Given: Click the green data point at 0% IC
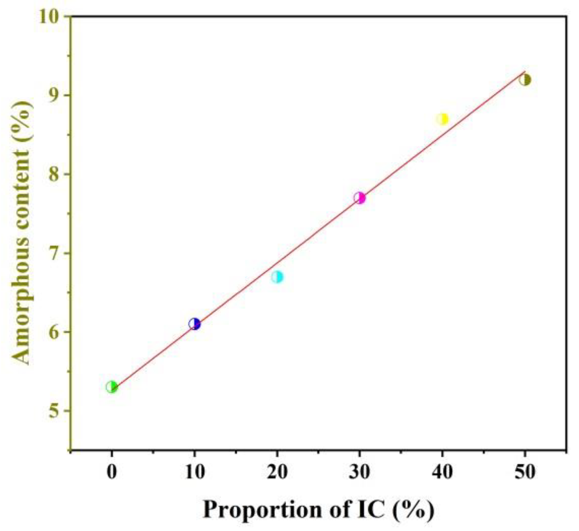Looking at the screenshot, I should [x=111, y=387].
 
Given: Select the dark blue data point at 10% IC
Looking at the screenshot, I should [x=194, y=324].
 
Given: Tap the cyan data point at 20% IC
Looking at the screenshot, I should [x=277, y=277].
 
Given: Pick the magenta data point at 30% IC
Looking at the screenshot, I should [x=360, y=198].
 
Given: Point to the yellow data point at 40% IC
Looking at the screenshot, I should [x=442, y=119].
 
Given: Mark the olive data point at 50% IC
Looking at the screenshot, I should [x=525, y=80].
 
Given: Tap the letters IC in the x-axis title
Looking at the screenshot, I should [x=368, y=510].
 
